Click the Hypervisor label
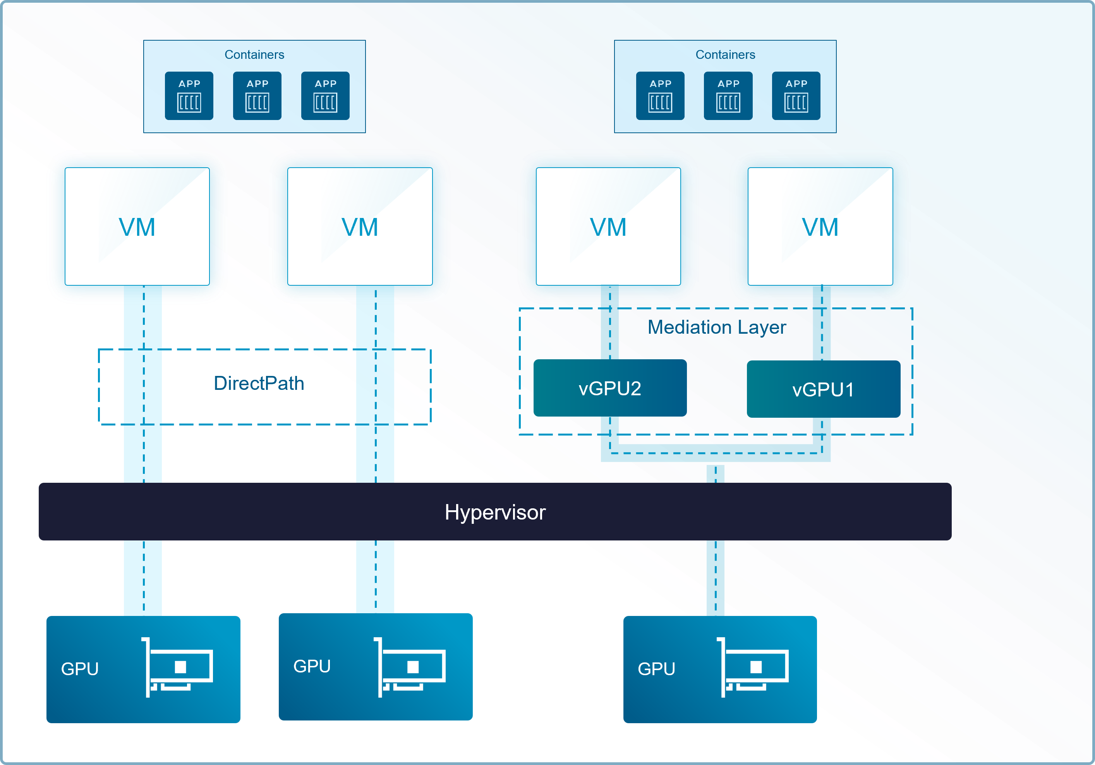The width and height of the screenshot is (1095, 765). point(495,512)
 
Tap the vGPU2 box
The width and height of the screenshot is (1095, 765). point(610,388)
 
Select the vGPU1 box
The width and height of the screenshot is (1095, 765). point(823,389)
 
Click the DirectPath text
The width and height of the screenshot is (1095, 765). point(259,383)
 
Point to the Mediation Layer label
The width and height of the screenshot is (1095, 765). point(717,327)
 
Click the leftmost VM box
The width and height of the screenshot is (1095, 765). point(137,226)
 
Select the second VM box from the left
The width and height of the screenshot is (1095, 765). point(360,226)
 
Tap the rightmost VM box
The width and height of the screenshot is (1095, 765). point(820,226)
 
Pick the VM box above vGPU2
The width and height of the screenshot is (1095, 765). point(608,226)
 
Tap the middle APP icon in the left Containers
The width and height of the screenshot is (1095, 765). point(257,96)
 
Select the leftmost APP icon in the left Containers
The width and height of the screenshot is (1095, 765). point(189,96)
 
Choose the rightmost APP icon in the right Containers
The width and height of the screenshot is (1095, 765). point(796,96)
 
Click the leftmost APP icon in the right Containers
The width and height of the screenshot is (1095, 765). point(660,96)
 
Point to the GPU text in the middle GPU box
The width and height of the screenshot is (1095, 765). point(312,666)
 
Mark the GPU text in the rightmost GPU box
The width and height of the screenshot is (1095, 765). point(656,669)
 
